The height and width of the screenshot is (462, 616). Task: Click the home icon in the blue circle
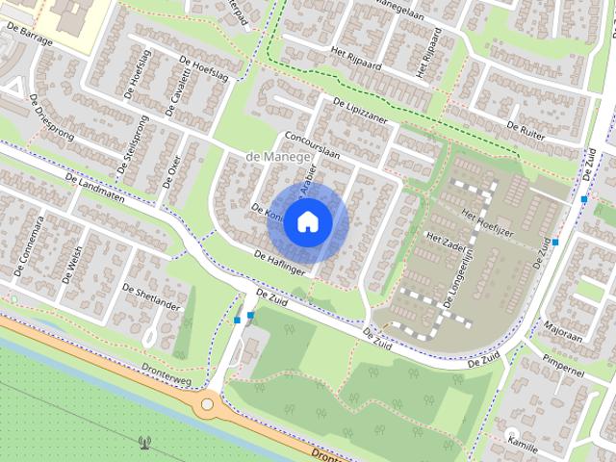pyautogui.click(x=306, y=221)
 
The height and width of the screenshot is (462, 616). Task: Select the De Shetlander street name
pyautogui.click(x=152, y=297)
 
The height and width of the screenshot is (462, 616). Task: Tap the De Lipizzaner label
pyautogui.click(x=358, y=112)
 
